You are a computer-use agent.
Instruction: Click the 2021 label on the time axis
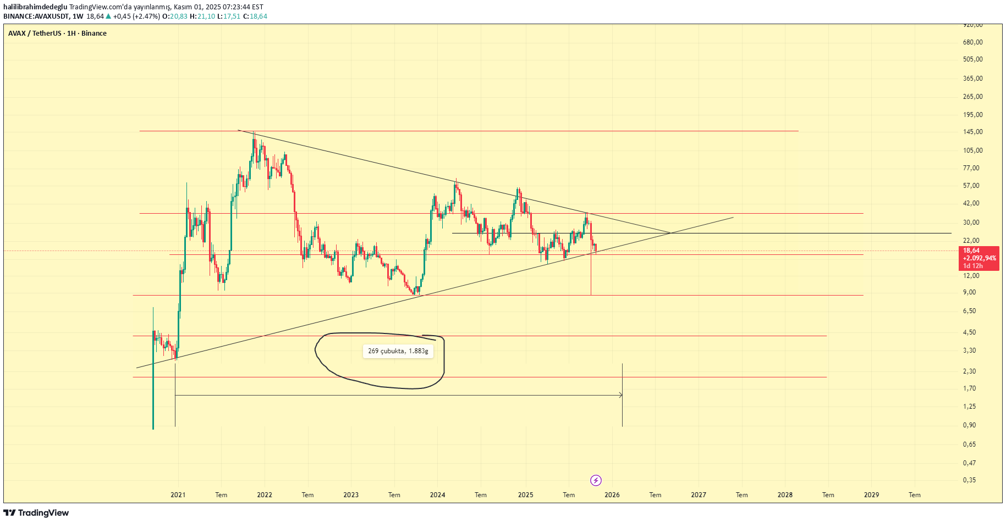point(178,495)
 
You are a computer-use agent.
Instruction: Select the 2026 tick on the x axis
point(612,495)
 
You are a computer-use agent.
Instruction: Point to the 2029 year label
point(871,495)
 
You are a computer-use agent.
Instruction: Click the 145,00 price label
point(972,132)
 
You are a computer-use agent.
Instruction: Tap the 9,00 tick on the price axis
point(969,292)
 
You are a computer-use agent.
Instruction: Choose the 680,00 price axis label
point(972,42)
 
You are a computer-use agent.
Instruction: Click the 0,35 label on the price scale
point(969,480)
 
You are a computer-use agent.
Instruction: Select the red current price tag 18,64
point(978,258)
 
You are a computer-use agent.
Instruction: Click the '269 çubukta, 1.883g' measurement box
point(398,351)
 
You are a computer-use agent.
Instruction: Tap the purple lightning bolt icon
point(596,481)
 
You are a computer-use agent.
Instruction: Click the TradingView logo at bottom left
point(36,513)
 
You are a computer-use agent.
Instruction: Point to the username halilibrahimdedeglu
point(35,7)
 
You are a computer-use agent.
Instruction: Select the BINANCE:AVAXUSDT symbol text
point(36,16)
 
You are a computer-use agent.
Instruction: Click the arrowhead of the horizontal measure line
point(621,395)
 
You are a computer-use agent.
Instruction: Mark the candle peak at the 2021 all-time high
point(254,132)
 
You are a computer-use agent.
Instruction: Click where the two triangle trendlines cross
point(671,233)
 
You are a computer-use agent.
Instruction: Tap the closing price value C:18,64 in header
point(255,16)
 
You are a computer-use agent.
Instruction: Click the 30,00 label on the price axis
point(971,222)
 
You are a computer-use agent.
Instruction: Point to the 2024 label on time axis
point(437,495)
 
